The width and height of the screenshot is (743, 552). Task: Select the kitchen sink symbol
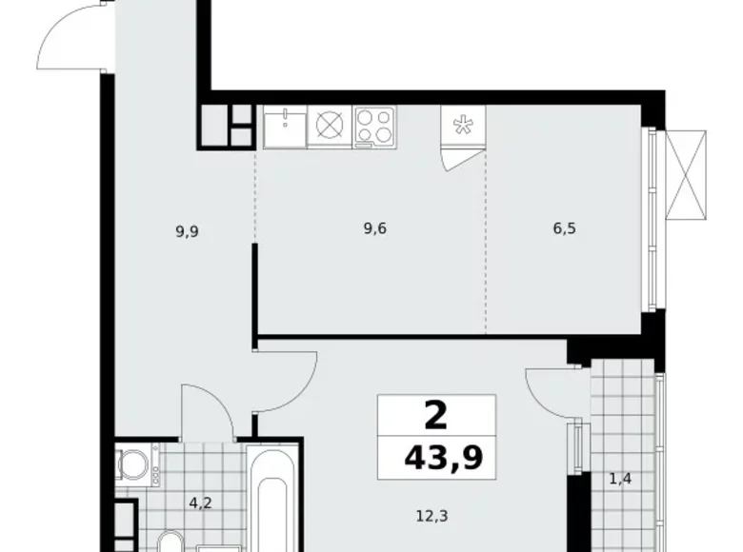284,127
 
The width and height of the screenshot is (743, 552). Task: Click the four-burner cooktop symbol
374,127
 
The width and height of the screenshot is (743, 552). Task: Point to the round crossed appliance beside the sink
329,127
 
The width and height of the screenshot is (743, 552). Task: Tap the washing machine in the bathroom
131,464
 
